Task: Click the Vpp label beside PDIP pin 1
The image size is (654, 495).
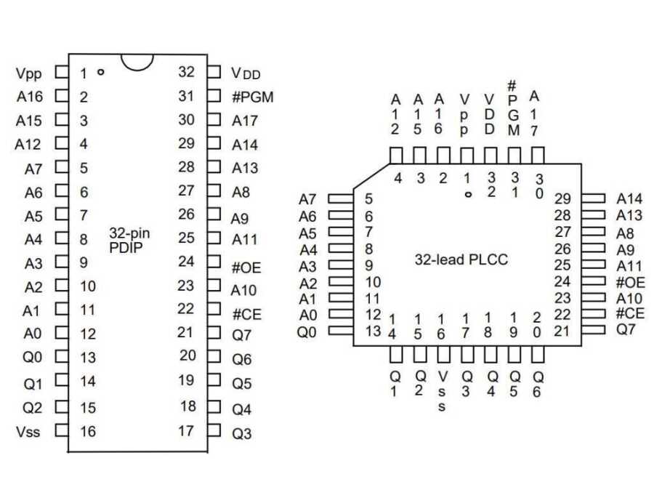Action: click(x=29, y=73)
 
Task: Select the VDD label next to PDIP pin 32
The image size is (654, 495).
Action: click(x=246, y=73)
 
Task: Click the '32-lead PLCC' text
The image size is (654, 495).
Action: click(x=461, y=259)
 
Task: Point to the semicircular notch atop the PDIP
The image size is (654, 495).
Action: click(x=138, y=61)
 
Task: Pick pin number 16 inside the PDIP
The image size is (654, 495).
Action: click(x=87, y=431)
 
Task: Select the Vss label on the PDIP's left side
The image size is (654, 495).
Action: click(x=28, y=432)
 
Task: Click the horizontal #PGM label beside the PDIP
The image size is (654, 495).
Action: click(x=252, y=96)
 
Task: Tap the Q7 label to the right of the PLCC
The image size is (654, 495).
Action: click(x=626, y=330)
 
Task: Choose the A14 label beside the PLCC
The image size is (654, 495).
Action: click(x=629, y=198)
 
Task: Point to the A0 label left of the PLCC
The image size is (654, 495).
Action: click(x=308, y=315)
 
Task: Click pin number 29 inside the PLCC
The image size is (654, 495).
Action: click(x=562, y=198)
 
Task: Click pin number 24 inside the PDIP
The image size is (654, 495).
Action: click(x=186, y=261)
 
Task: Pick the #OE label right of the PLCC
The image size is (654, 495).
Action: click(x=629, y=282)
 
